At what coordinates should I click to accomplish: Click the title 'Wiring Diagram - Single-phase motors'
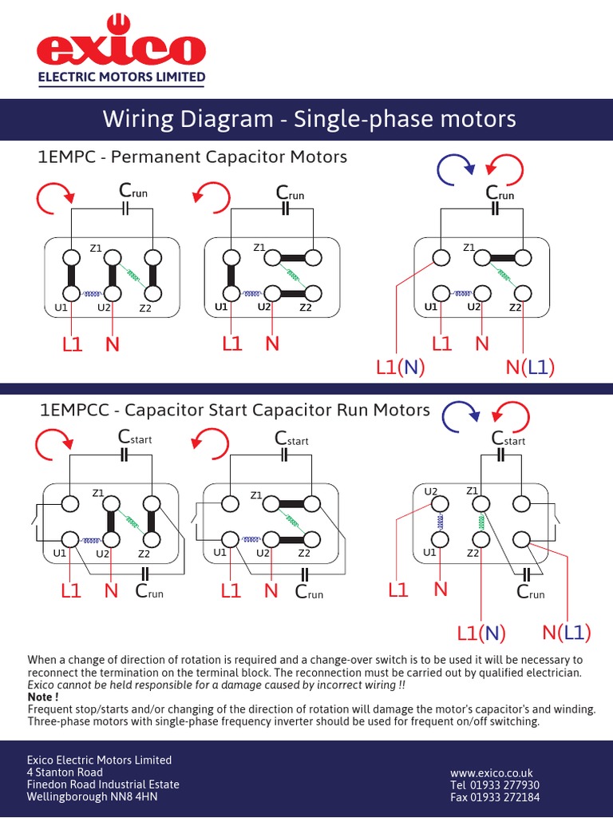point(309,120)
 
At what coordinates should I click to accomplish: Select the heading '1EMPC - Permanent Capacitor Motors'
point(193,157)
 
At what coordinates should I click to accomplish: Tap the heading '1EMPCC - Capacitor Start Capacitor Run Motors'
point(235,411)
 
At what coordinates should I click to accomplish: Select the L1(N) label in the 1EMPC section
point(400,367)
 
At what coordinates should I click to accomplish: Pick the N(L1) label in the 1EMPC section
point(530,367)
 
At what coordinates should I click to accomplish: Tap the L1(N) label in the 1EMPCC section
point(481,633)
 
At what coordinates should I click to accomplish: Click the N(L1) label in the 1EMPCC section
point(567,633)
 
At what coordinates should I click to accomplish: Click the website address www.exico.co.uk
point(491,772)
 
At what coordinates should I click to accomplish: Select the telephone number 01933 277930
point(495,785)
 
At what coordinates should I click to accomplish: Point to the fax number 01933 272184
point(495,797)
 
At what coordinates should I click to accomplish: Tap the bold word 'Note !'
point(43,697)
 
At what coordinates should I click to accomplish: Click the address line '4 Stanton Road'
point(65,772)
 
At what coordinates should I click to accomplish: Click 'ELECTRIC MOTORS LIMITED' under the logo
point(123,77)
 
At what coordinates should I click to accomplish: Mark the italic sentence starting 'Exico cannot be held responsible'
point(216,685)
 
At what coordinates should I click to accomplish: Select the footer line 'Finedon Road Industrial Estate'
point(103,784)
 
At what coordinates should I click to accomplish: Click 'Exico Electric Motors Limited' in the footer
point(99,760)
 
